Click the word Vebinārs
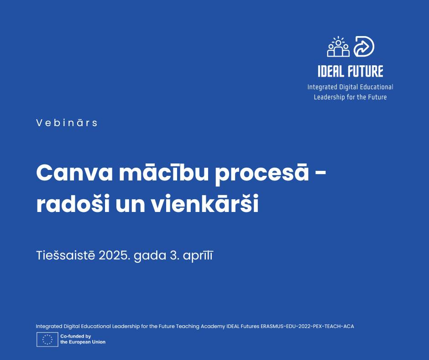point(67,122)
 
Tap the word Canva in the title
point(74,173)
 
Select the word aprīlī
point(198,256)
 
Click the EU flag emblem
point(47,339)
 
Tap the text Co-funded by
point(75,336)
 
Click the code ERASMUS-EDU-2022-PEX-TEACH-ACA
point(307,326)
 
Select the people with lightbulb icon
point(339,47)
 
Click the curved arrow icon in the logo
point(364,47)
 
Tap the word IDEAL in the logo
point(331,71)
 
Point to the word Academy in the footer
point(213,326)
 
